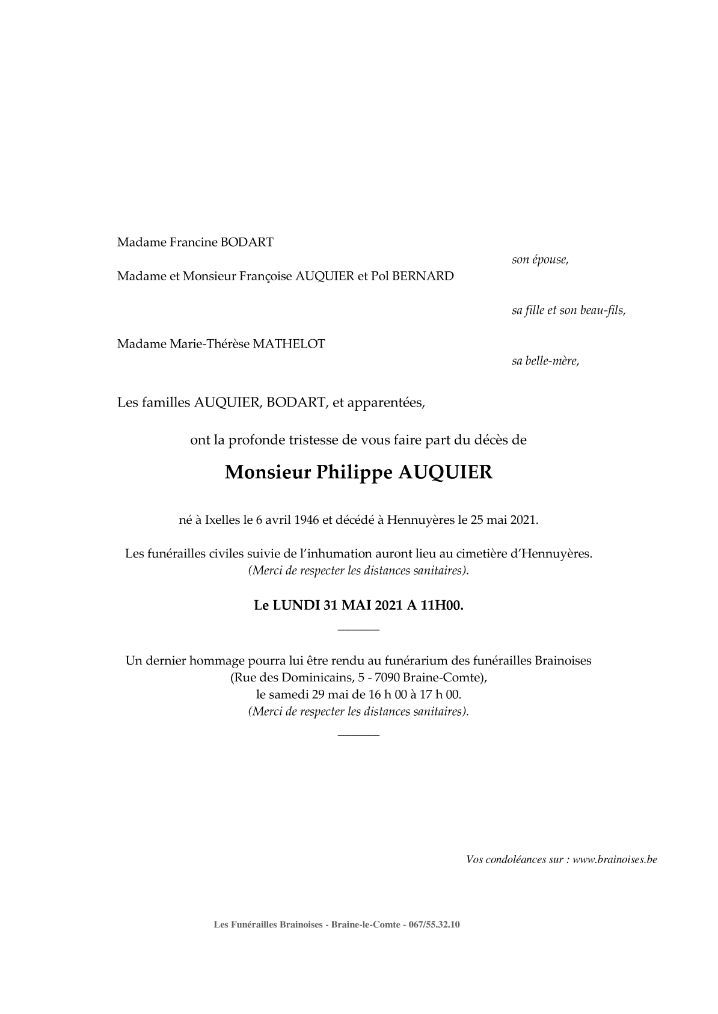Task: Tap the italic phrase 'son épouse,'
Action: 540,260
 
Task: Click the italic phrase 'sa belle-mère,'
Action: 545,361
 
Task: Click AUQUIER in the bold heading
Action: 446,473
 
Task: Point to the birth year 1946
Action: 307,520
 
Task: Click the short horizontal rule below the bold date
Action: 358,630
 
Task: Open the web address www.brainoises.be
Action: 615,859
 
